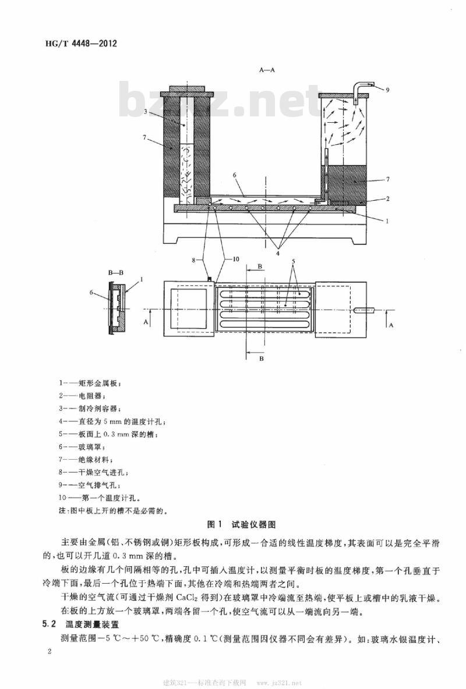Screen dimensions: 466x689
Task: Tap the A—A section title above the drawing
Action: click(x=267, y=70)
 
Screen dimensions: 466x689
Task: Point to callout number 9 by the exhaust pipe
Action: click(x=388, y=90)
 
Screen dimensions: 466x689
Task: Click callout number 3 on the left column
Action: click(x=145, y=112)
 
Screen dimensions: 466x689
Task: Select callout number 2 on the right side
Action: click(x=388, y=198)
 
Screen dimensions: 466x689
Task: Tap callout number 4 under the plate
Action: click(x=278, y=252)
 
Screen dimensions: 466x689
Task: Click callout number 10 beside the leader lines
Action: click(x=236, y=260)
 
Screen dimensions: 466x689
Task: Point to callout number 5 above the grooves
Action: click(x=294, y=262)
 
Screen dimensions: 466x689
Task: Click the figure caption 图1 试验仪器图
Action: click(x=242, y=524)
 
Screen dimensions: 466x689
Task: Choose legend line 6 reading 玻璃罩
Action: click(x=82, y=447)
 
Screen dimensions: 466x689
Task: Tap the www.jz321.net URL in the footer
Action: click(x=279, y=683)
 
